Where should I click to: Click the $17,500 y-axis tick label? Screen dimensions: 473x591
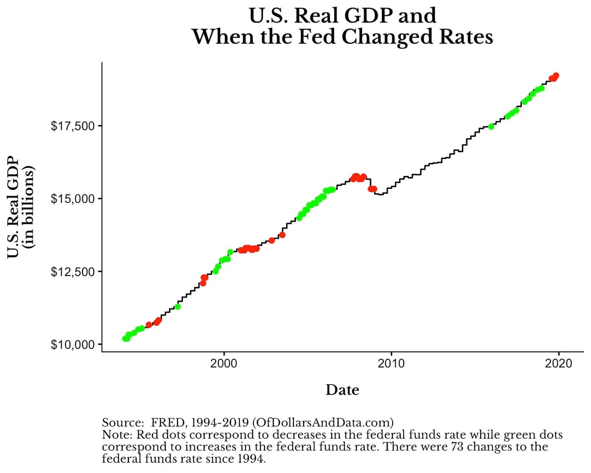coord(72,126)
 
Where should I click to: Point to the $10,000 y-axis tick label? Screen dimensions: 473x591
coord(72,345)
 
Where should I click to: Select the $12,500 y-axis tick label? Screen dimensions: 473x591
coord(72,272)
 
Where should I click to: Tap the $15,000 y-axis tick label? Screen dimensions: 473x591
coord(72,199)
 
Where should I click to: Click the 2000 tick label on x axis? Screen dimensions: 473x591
coord(223,364)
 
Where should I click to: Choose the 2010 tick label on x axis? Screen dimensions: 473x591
coord(391,364)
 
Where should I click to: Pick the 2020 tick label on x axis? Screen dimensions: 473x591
coord(558,364)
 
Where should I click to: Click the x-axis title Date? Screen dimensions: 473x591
coord(342,390)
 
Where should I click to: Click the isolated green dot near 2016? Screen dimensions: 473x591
coord(491,126)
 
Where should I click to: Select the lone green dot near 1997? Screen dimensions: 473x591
coord(178,307)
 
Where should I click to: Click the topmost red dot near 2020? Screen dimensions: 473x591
coord(556,76)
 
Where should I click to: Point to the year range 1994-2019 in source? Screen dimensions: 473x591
coord(220,422)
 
